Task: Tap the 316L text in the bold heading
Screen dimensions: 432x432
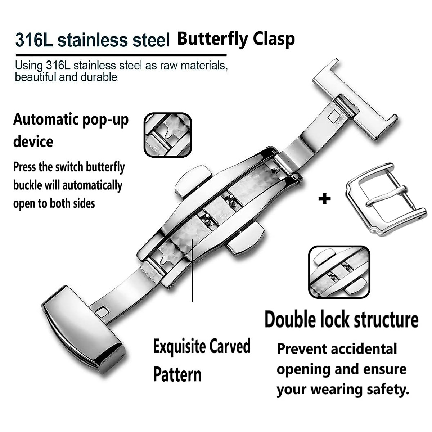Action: click(x=34, y=40)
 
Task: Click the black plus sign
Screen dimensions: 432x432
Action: click(x=324, y=199)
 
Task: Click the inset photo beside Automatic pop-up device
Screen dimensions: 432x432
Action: click(x=168, y=135)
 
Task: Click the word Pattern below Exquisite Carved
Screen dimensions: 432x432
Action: click(x=177, y=375)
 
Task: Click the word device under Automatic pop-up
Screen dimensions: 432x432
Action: click(x=33, y=141)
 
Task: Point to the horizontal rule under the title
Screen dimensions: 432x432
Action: click(x=121, y=55)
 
